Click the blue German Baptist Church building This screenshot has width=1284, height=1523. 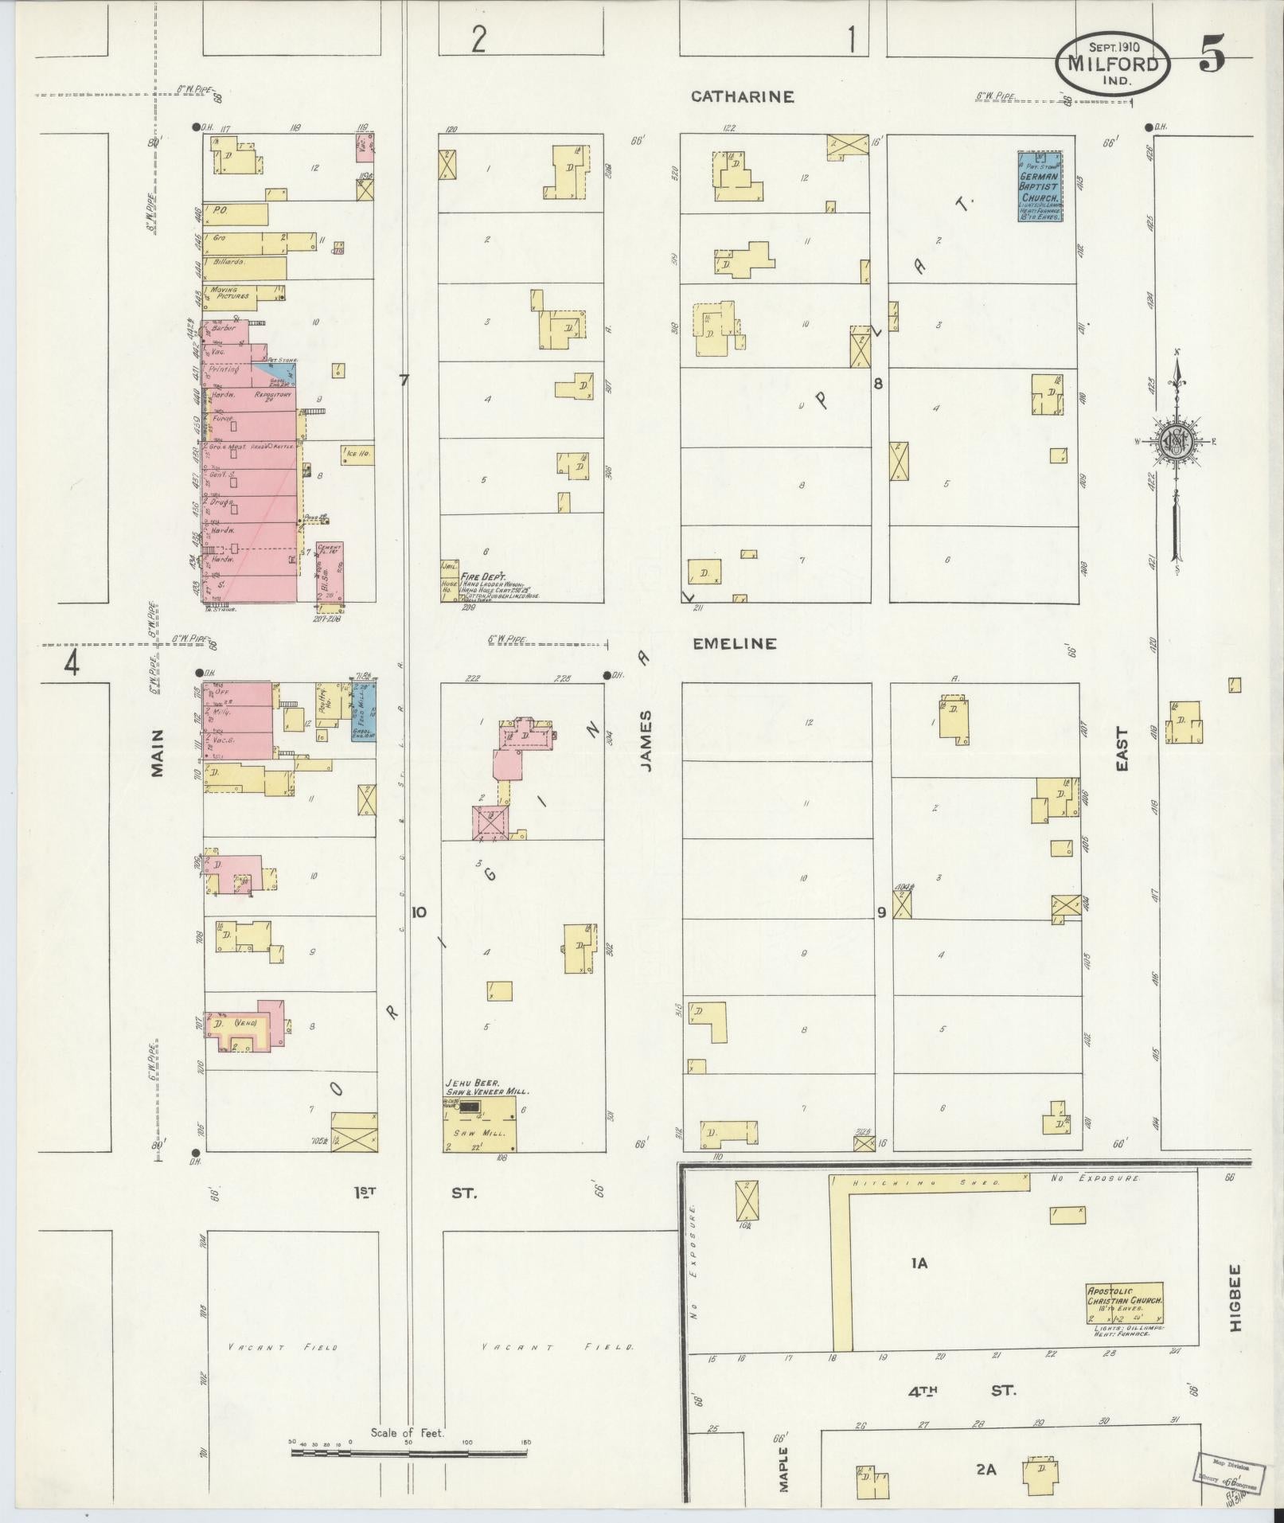(1040, 186)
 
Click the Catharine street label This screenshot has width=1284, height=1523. (742, 96)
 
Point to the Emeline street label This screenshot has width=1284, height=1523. (734, 643)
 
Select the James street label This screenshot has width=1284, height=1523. (646, 740)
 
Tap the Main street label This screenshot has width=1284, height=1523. (157, 752)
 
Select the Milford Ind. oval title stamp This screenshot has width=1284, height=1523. (1113, 63)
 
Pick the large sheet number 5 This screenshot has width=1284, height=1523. (1212, 55)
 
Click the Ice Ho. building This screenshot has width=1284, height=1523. (357, 455)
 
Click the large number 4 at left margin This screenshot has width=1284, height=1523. (72, 663)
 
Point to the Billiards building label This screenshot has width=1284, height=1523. (228, 261)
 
